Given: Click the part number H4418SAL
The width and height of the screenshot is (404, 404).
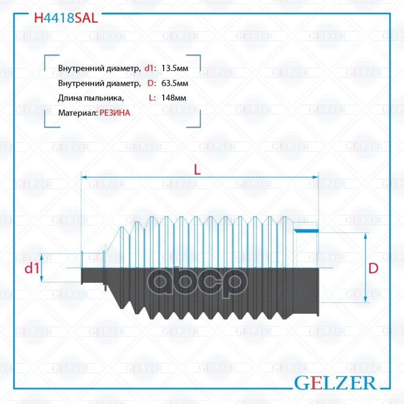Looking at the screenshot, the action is [66, 18].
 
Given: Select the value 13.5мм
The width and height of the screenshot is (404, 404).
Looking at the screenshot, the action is [175, 68].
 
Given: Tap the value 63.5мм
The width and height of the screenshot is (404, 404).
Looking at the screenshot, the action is [175, 83].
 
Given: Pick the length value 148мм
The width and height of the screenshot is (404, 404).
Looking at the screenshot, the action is [174, 98].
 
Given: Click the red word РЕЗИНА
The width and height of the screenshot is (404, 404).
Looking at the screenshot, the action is [115, 113].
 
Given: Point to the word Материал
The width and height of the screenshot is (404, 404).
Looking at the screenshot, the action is [78, 113].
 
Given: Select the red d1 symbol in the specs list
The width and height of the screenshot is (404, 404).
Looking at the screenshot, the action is [149, 68].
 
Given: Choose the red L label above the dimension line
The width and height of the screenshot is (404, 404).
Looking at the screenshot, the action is [197, 170].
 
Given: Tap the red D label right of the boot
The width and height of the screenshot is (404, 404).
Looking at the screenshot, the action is [373, 268].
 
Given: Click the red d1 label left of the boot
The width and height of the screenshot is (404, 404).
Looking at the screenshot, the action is [32, 268].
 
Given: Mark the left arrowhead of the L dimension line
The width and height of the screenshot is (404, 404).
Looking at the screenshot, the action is [84, 177].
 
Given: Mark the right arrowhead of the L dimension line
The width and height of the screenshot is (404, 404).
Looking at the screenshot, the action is [316, 177].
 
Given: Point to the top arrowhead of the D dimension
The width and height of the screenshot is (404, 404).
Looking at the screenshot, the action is [365, 235].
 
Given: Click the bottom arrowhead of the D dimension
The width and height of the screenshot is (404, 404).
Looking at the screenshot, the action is [365, 299].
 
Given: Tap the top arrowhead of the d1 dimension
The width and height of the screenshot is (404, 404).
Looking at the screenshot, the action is [42, 257].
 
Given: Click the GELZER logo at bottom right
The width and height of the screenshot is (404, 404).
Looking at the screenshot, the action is [335, 383].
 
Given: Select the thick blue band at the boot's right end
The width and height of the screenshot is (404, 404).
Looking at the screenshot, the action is [307, 231].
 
